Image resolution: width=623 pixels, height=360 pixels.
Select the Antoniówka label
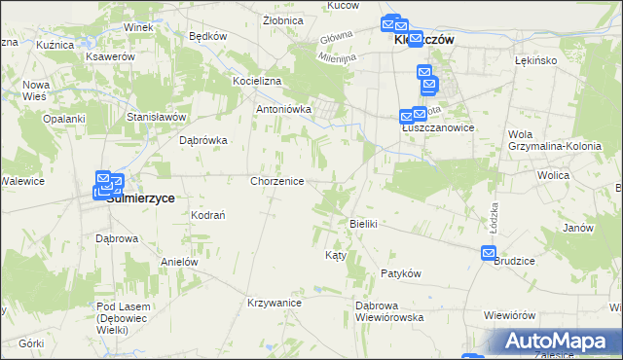[283, 110]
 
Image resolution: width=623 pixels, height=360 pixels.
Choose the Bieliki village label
[363, 224]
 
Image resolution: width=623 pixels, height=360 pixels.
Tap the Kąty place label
[335, 255]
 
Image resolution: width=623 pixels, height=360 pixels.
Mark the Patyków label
[400, 274]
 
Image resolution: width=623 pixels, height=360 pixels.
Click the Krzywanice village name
[275, 303]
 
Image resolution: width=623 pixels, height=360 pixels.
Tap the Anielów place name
[179, 262]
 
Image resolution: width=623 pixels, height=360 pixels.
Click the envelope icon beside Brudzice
[489, 254]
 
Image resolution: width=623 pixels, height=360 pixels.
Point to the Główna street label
[336, 40]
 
